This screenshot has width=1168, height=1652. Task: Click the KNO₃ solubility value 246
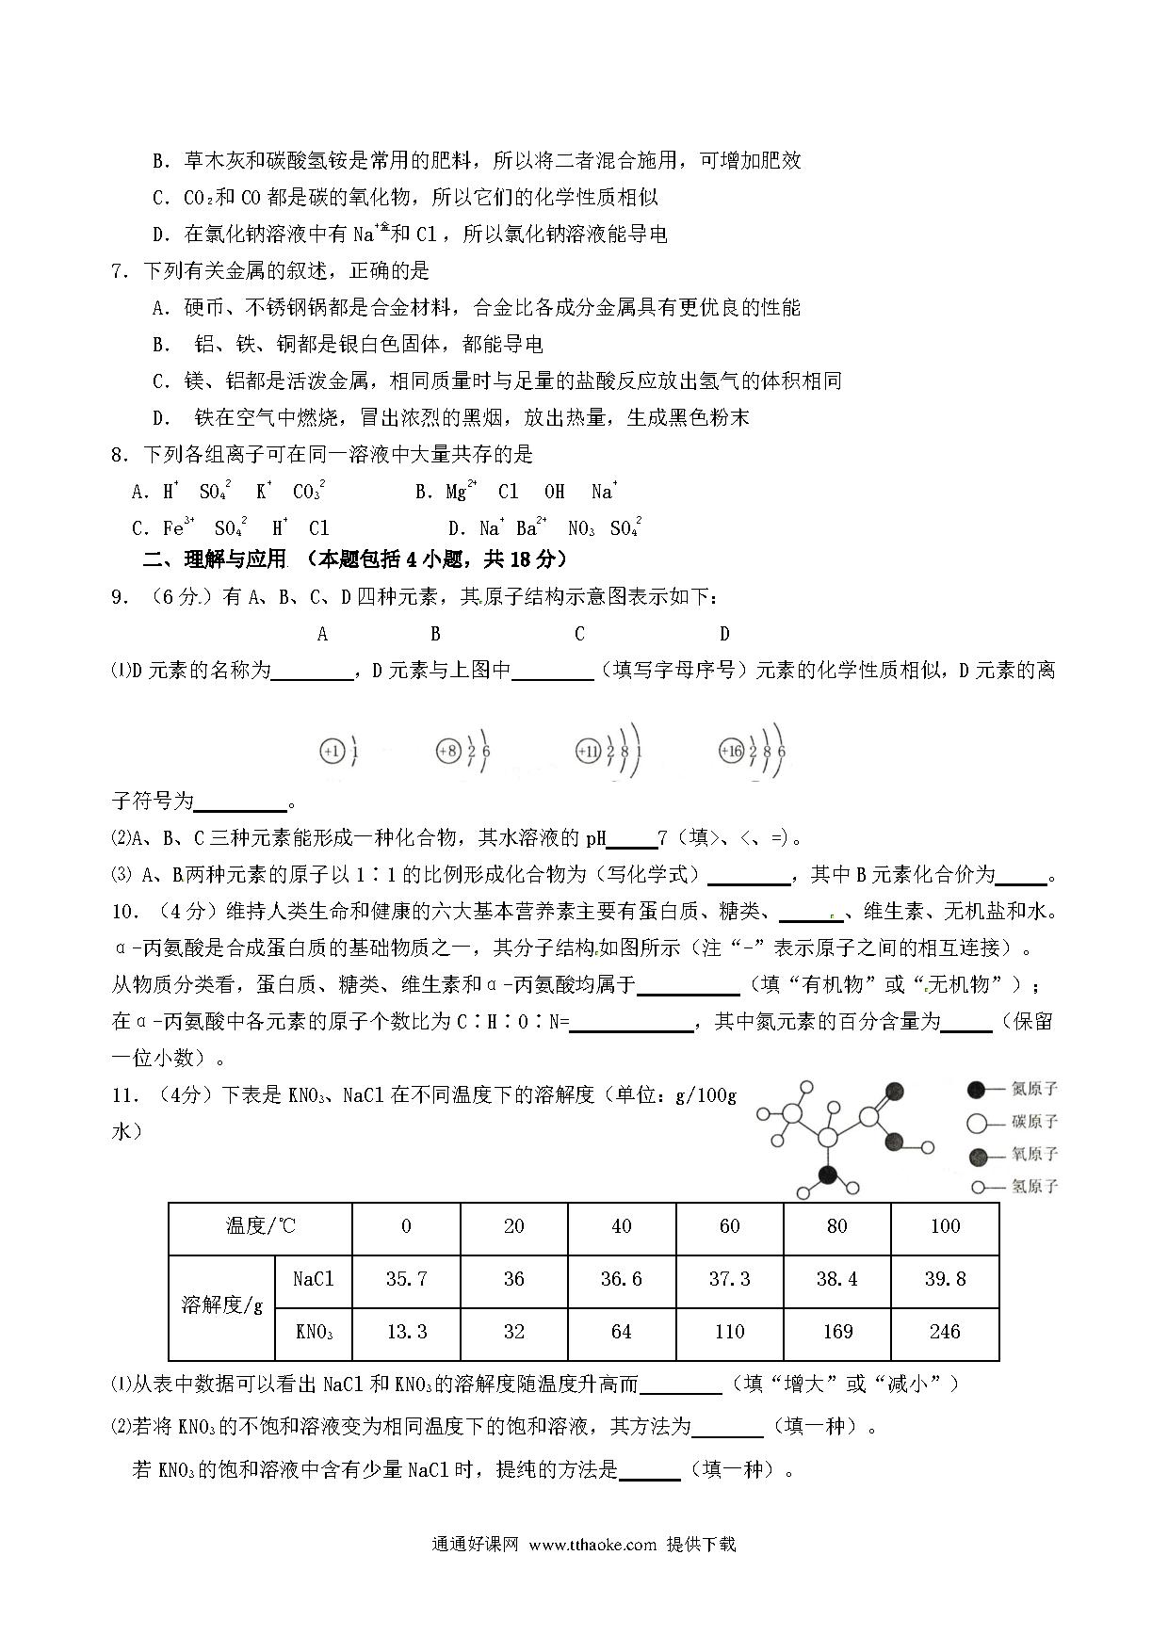pos(944,1332)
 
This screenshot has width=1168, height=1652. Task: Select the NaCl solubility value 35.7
pos(406,1279)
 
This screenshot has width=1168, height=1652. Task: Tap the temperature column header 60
pos(729,1226)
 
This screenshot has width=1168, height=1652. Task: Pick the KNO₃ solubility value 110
pos(729,1332)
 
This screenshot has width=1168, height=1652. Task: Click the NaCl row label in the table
pos(313,1279)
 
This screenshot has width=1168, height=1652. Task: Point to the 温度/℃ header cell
pos(260,1226)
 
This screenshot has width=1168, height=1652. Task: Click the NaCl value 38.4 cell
pos(836,1279)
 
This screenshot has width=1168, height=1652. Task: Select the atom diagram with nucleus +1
pos(340,752)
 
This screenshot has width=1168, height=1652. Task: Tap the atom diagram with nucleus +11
pos(608,752)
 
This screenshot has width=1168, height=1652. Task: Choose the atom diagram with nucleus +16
pos(752,752)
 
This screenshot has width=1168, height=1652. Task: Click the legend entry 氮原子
pos(1013,1090)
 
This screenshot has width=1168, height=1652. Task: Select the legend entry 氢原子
pos(1013,1187)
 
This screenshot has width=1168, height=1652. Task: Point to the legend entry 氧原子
pos(1013,1155)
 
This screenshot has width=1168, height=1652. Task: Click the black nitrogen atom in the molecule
pos(828,1174)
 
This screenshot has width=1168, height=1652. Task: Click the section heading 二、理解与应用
pos(214,559)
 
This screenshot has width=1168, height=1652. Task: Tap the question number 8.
pos(119,455)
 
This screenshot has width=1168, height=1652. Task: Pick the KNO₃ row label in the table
pos(313,1332)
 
